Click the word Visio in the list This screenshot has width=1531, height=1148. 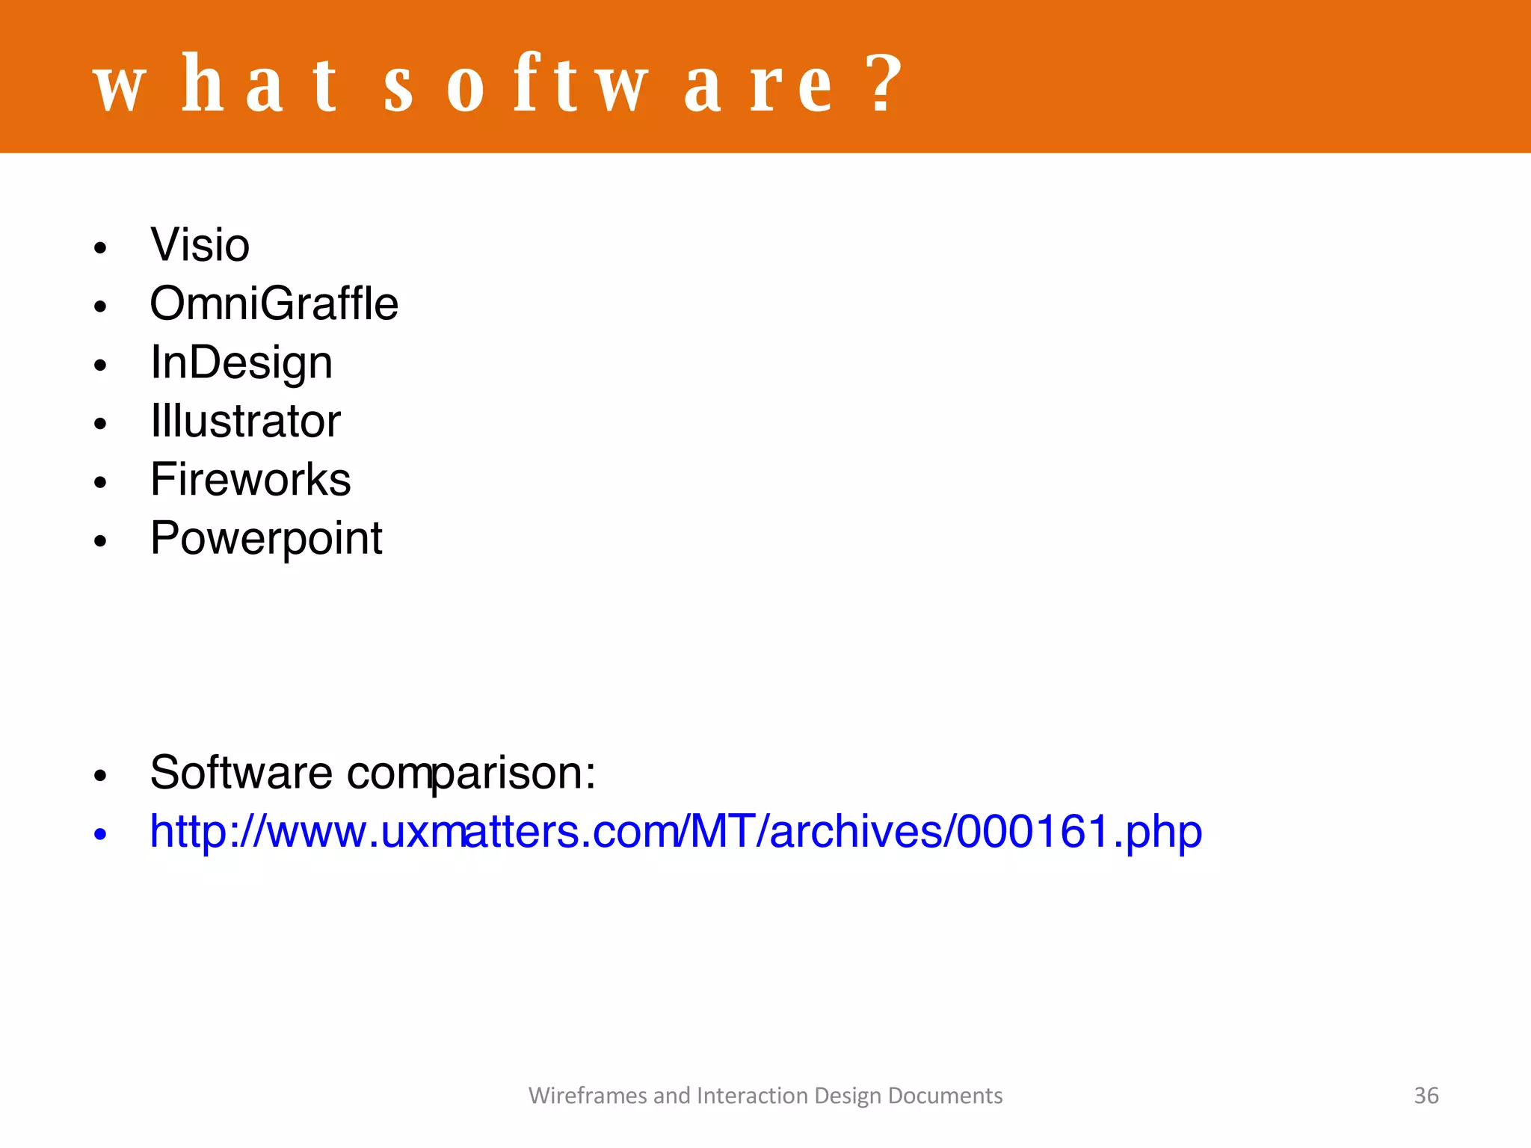coord(200,245)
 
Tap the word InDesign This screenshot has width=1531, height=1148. coord(241,362)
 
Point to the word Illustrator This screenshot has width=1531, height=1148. coord(245,421)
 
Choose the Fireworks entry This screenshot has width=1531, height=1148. coord(250,479)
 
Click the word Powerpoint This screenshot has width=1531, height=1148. coord(266,538)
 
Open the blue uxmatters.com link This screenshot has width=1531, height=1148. coord(676,831)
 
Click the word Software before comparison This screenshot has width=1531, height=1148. coord(241,772)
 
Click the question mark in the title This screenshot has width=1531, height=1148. coord(887,84)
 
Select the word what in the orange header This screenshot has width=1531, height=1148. coord(216,85)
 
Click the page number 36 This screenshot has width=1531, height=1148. coord(1426,1096)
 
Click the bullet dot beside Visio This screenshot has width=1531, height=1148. coord(101,248)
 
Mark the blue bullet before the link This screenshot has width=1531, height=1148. coord(101,834)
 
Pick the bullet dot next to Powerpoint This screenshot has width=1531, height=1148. coord(101,541)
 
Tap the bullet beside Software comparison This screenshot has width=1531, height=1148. coord(101,776)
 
